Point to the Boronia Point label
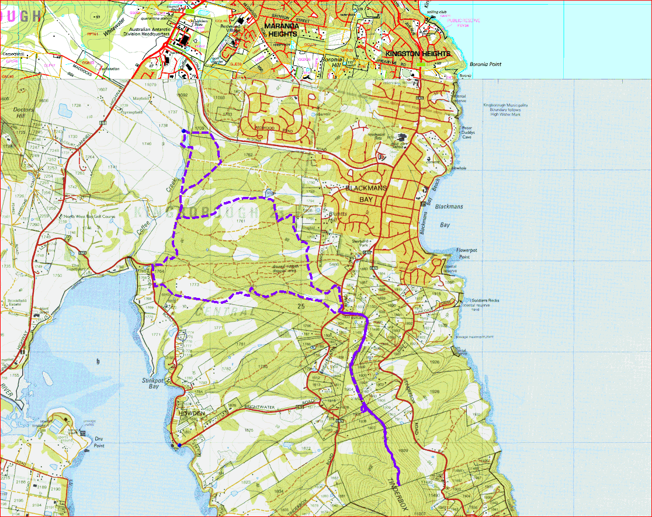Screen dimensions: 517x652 (x=484, y=64)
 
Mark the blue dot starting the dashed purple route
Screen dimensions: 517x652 (x=183, y=131)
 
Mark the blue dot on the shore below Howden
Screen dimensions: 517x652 (x=180, y=445)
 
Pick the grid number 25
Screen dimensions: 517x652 (x=301, y=306)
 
